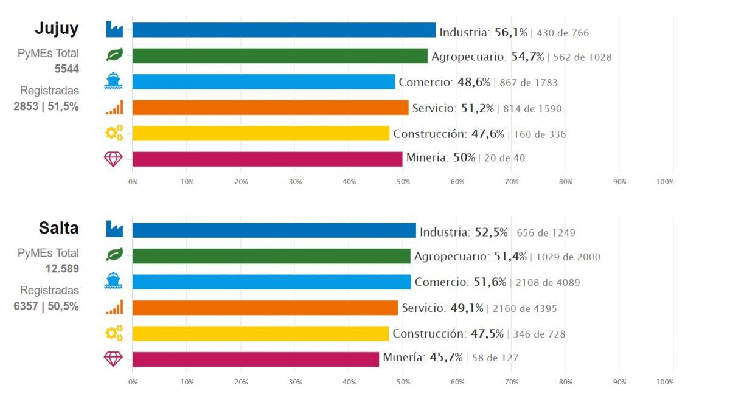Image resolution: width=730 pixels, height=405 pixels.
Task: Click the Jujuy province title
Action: [57, 29]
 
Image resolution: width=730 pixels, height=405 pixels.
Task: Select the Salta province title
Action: [58, 228]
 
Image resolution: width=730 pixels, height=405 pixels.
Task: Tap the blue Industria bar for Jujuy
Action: [283, 30]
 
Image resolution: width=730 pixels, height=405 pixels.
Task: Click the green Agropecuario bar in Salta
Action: [271, 256]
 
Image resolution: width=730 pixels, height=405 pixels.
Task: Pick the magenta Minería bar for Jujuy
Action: [267, 159]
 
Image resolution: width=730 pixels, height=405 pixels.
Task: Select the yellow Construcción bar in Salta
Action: [260, 333]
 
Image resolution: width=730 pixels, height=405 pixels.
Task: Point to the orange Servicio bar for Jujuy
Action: [270, 108]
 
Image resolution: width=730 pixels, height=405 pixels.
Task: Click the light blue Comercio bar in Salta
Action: [271, 282]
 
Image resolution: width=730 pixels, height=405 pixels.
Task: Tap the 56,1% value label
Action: [510, 32]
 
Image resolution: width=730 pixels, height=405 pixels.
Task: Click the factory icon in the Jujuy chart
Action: [114, 29]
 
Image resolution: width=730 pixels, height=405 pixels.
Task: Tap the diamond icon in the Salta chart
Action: [114, 359]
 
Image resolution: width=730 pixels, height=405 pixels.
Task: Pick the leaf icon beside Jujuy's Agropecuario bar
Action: [114, 55]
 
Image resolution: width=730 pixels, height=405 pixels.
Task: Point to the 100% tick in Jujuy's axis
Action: [665, 182]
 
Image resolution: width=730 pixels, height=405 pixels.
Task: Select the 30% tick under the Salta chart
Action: [295, 382]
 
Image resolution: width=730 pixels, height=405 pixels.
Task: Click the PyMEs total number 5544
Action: [67, 69]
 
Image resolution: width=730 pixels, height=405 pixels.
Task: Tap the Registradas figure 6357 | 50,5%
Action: [46, 306]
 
